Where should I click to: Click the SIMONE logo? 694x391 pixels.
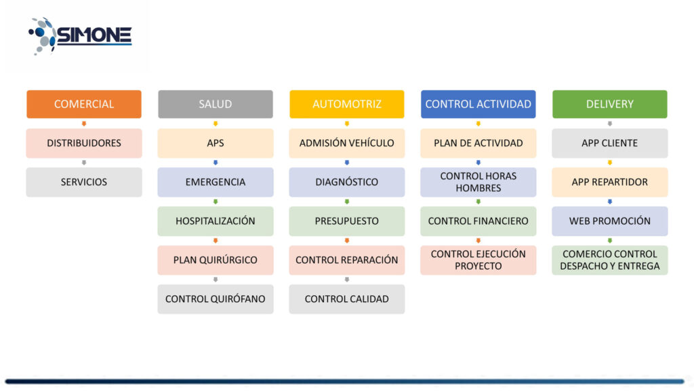coord(80,35)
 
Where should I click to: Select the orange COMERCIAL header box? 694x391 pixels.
coord(84,104)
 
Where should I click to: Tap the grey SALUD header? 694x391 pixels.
coord(216,104)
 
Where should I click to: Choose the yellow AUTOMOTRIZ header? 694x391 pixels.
coord(347,104)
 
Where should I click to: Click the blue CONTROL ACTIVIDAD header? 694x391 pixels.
coord(478,104)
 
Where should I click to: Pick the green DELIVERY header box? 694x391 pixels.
coord(610,104)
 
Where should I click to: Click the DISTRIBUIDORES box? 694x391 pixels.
coord(84,143)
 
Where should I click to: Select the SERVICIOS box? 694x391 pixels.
coord(84,182)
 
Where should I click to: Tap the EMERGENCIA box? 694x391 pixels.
coord(216,182)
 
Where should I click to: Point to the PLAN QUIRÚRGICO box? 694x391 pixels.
coord(216,260)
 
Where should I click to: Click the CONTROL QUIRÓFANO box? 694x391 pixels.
coord(216,299)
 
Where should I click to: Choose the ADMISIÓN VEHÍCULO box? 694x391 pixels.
coord(347,143)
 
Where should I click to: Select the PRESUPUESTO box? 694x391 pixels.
coord(347,221)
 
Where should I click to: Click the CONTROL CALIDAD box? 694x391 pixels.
coord(347,299)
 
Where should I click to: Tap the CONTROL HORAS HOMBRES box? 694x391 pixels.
coord(478,182)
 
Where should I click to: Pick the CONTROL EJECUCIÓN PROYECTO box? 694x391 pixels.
coord(478,260)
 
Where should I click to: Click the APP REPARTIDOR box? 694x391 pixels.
coord(610,182)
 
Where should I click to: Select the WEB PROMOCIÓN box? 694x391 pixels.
coord(610,221)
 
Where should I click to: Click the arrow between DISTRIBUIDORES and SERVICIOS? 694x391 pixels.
coord(84,163)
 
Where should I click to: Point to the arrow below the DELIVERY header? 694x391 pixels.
coord(610,124)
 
